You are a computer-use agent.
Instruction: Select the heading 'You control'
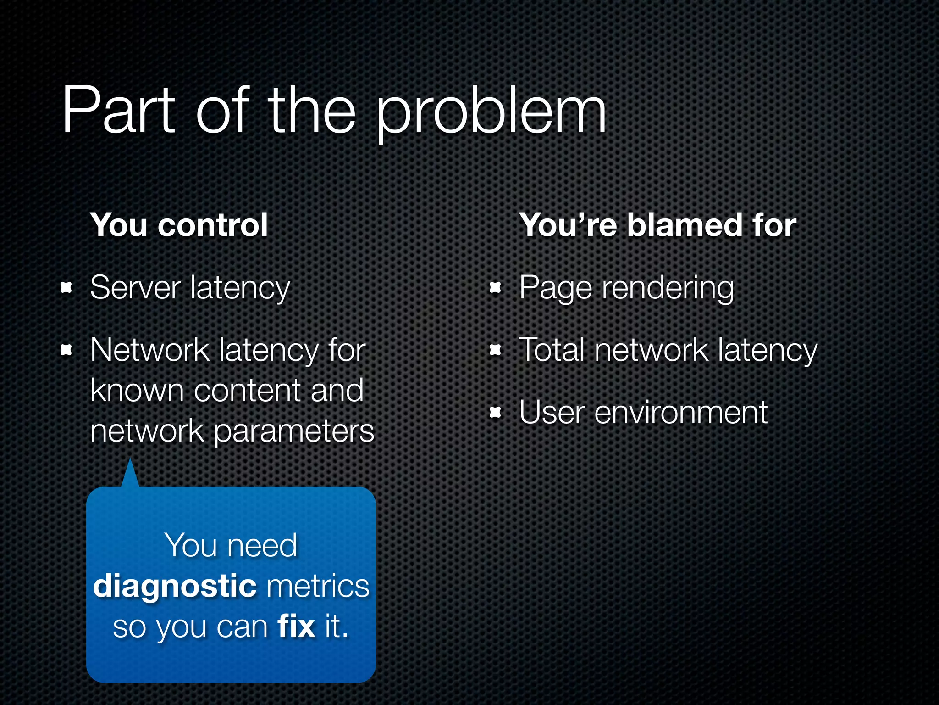[179, 225]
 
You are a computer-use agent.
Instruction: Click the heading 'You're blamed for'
[657, 225]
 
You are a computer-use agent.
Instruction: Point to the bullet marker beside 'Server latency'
[66, 288]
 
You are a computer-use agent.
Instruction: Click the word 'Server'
[136, 288]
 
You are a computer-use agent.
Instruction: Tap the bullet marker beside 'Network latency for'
[66, 351]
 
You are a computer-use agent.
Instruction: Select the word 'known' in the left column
[137, 391]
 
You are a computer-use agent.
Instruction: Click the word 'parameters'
[294, 431]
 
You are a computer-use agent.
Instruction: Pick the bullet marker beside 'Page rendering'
[495, 288]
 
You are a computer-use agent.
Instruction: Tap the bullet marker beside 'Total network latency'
[495, 351]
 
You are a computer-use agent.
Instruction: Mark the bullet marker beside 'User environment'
[495, 413]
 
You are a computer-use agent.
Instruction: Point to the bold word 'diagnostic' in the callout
[175, 587]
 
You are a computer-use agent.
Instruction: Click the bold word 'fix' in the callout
[296, 626]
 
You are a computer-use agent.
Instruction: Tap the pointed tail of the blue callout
[130, 473]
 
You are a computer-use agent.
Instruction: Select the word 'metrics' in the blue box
[318, 586]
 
